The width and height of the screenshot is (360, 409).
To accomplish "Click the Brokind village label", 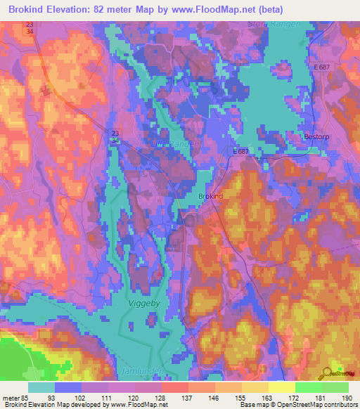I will (210, 197).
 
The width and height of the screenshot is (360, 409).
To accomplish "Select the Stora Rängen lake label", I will (274, 25).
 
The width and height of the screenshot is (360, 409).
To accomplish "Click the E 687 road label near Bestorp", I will (322, 66).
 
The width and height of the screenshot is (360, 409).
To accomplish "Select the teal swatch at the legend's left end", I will (41, 387).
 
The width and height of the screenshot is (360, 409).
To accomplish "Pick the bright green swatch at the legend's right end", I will (335, 387).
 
